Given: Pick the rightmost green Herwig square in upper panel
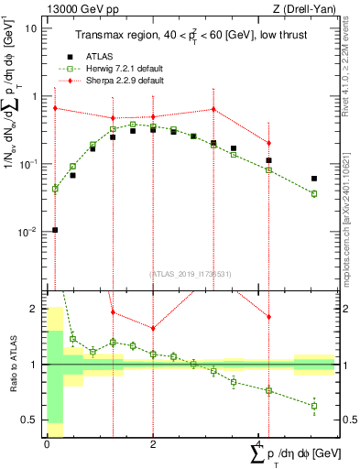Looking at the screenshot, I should [314, 194].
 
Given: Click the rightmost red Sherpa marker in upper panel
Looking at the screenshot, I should [268, 143].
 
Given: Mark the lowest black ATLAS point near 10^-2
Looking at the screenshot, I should [55, 230].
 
